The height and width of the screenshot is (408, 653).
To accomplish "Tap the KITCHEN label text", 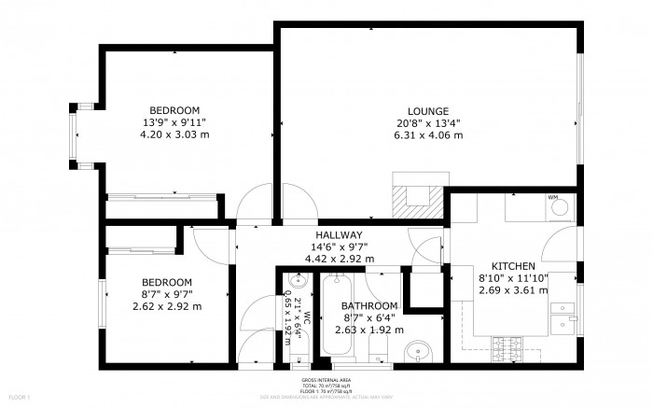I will (512, 265).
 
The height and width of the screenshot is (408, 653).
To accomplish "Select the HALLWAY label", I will (339, 234).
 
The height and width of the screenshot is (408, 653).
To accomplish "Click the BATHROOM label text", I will (369, 305).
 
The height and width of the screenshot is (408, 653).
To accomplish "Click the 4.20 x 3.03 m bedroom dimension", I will (174, 134).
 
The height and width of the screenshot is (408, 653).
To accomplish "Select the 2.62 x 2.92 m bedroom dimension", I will (167, 306).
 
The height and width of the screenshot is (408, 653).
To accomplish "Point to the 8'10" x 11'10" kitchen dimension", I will (512, 277).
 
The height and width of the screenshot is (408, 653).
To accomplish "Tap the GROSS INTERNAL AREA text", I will (326, 381).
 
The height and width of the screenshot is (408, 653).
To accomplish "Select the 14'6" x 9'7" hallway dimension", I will (339, 246).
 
